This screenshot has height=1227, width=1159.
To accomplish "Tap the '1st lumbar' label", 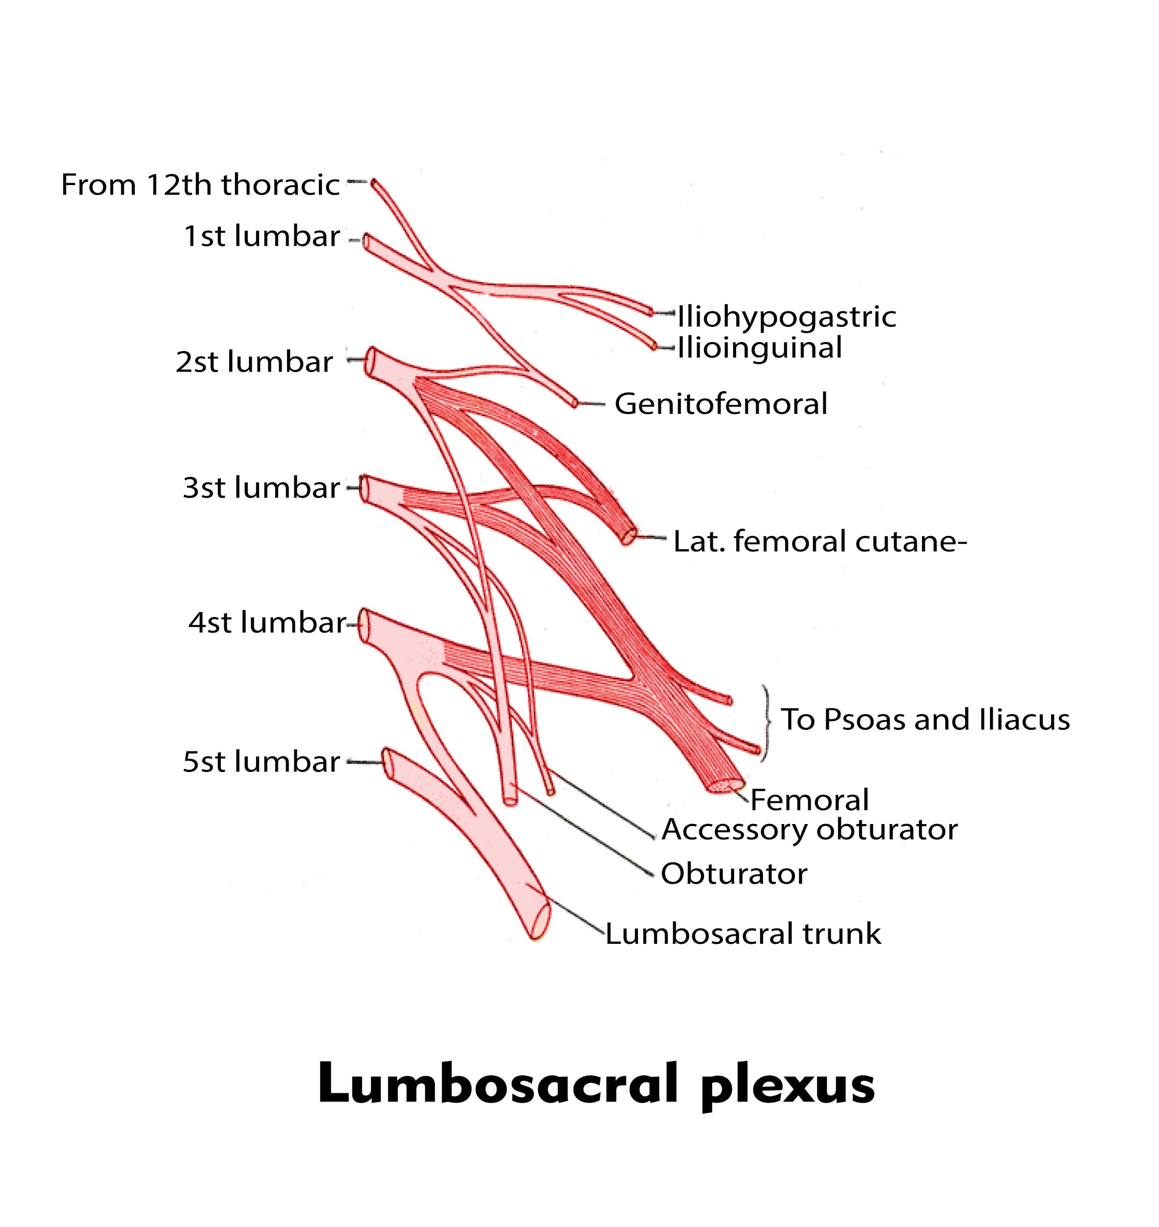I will [x=262, y=236].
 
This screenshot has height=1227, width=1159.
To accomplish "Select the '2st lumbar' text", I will [x=254, y=362].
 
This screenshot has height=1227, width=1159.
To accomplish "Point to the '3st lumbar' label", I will [x=262, y=487].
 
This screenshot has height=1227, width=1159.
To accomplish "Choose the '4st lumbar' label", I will [x=267, y=622].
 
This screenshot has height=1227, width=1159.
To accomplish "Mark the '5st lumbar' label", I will [x=262, y=762].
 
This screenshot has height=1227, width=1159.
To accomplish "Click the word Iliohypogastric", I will [x=786, y=317].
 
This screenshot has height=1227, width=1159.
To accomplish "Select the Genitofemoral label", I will [x=720, y=404].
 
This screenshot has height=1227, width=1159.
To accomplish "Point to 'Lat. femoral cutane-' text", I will [x=819, y=542].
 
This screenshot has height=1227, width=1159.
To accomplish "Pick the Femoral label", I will [x=809, y=800].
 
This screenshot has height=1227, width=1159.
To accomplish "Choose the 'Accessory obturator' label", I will [x=809, y=830].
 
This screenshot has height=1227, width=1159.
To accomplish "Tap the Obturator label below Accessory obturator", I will [x=734, y=874].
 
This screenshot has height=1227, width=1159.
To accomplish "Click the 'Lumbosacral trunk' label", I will [x=742, y=934].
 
